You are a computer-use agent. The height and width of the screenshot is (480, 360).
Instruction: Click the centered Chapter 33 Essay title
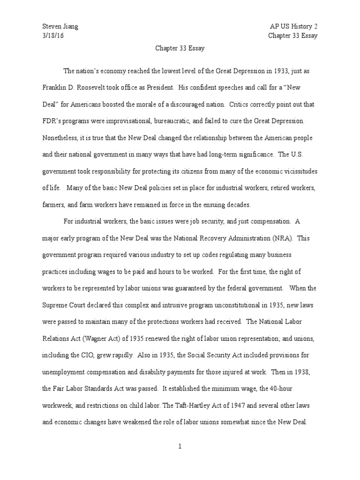coord(180,48)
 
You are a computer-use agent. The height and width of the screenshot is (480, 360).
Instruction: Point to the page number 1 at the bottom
coord(180,446)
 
